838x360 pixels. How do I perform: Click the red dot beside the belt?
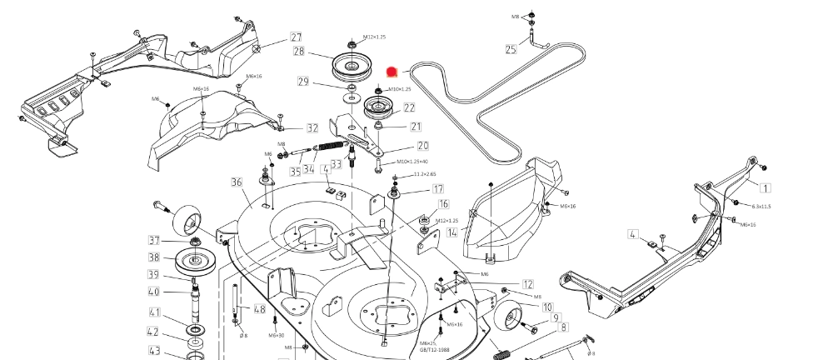coord(395,73)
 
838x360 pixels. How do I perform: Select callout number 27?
coord(296,37)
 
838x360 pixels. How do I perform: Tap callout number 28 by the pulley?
coord(299,52)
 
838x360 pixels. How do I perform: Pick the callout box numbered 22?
coord(409,107)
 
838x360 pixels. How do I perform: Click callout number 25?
coord(511,50)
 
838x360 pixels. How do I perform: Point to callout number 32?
coord(312,128)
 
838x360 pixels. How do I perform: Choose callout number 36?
coord(237,182)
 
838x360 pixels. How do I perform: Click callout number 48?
coord(260,309)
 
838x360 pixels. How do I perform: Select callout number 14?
coord(451,232)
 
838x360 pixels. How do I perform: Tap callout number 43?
coord(154,351)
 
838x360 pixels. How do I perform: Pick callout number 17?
coord(437,189)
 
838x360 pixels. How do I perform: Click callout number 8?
coord(564,327)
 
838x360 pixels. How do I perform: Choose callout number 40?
coord(154,292)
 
